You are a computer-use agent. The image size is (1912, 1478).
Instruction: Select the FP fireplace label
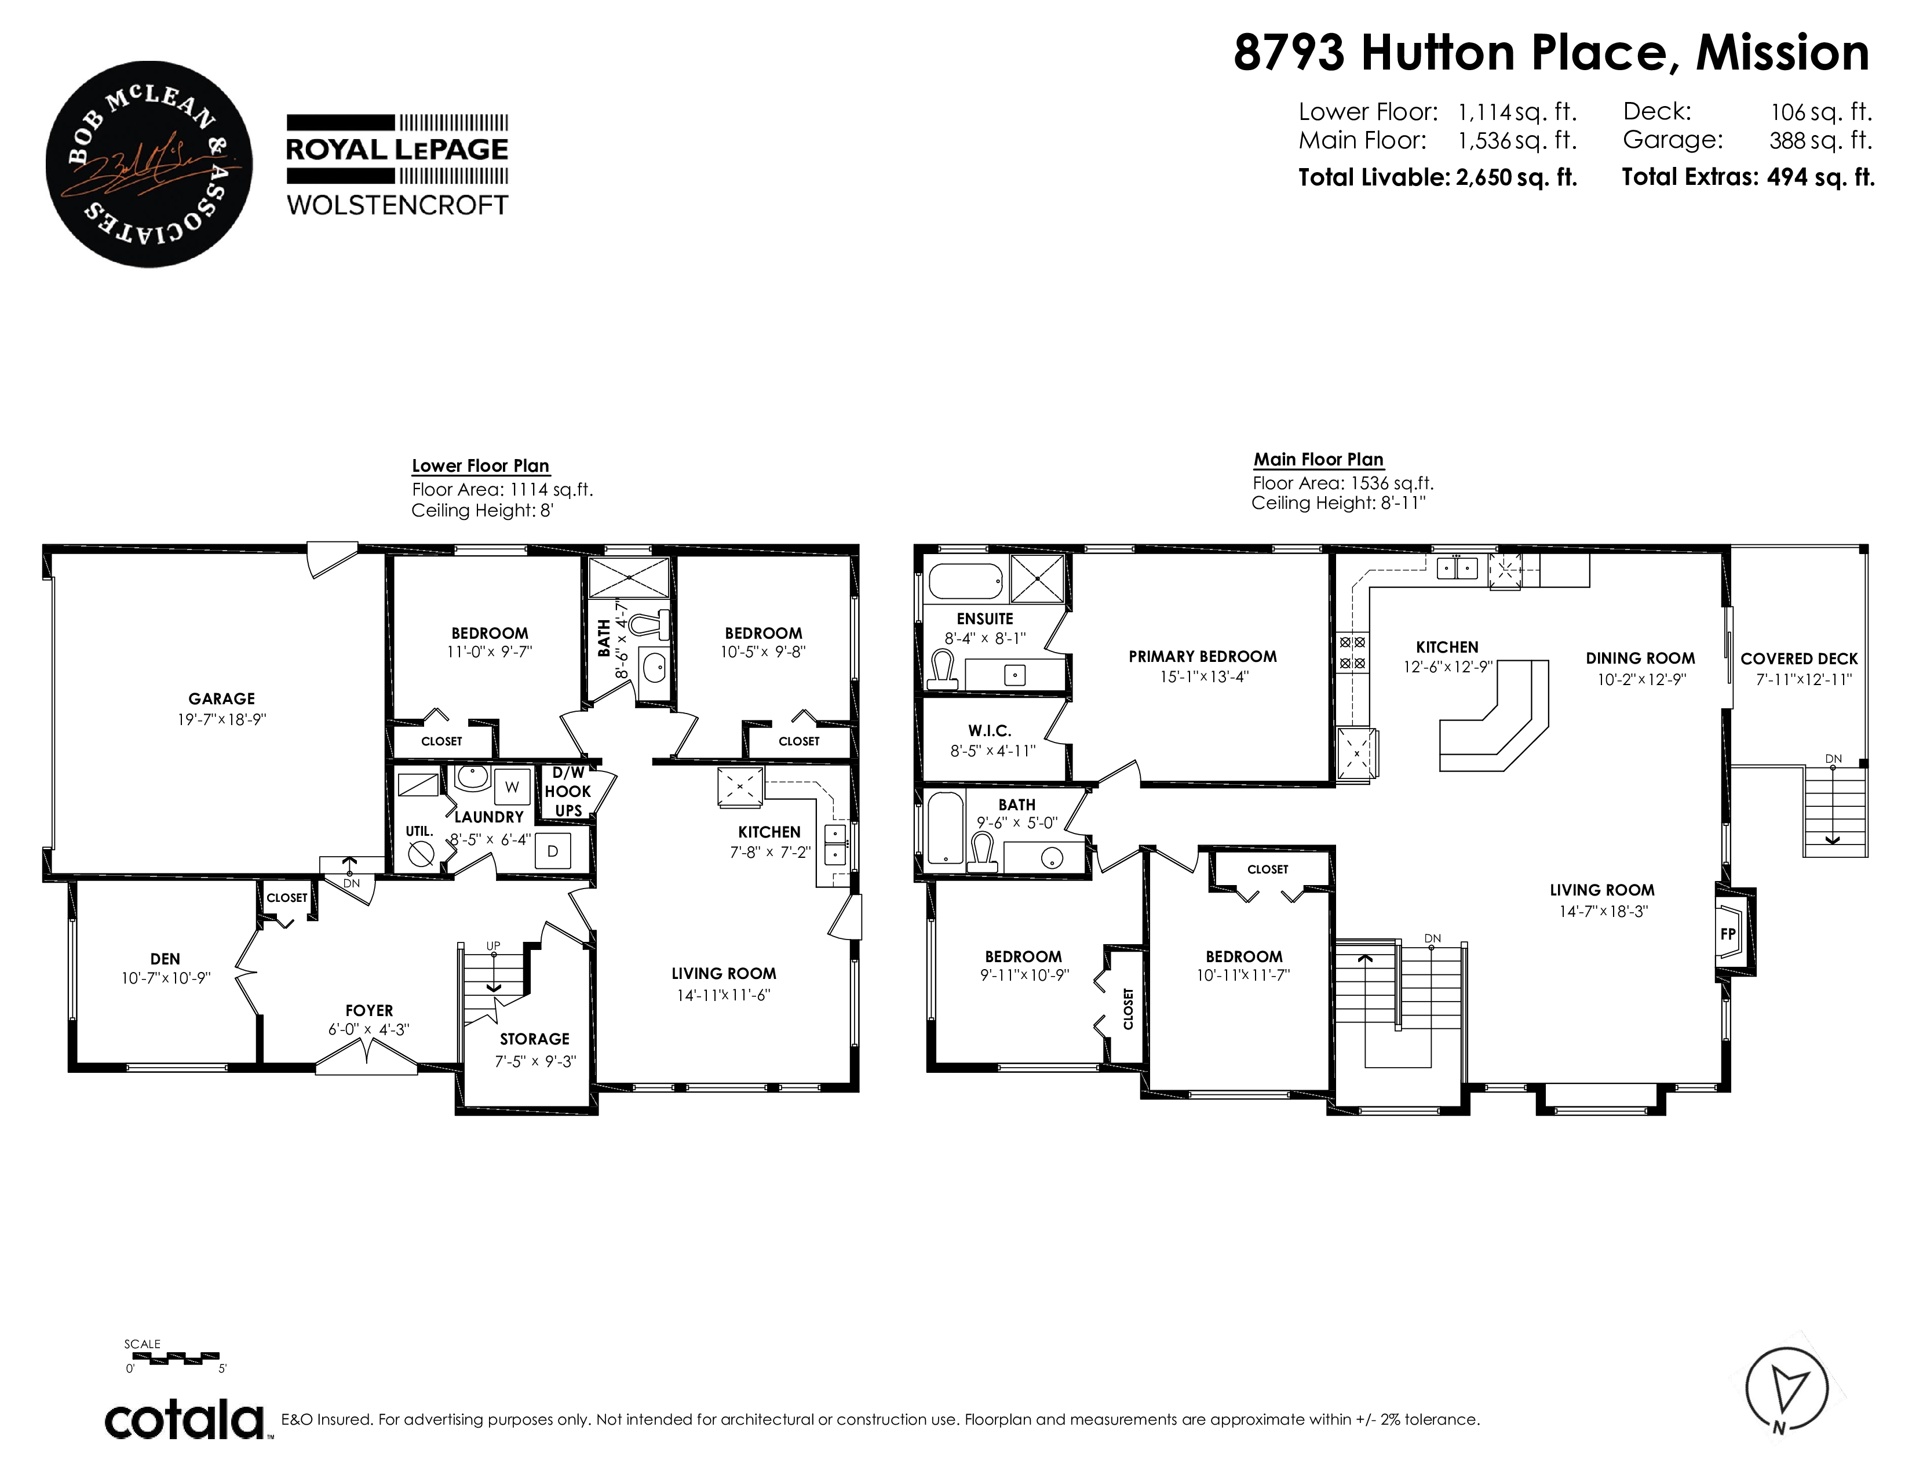[x=1727, y=934]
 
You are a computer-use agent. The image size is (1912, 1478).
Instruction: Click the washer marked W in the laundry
[x=512, y=787]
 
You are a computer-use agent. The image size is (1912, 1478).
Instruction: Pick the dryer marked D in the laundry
[x=552, y=850]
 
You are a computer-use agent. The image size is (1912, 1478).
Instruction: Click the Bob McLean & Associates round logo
[x=149, y=163]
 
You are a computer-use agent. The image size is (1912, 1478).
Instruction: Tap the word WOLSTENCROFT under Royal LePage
[x=397, y=205]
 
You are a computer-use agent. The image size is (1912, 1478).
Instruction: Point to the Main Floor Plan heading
[x=1319, y=460]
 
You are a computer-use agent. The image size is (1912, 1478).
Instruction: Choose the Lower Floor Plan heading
[x=481, y=466]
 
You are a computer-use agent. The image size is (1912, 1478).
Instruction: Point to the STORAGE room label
[x=535, y=1039]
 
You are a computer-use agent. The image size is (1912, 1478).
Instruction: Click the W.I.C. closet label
[x=989, y=731]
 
